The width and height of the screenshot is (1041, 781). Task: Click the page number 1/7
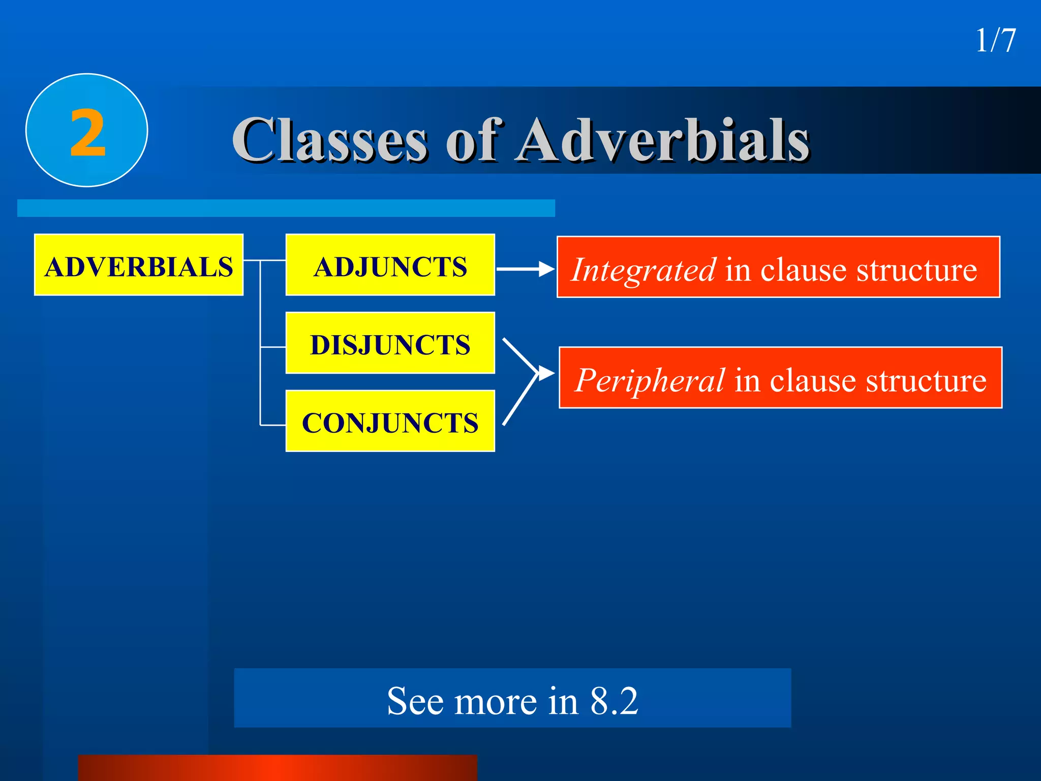(995, 41)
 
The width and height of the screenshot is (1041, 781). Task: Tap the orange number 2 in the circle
(87, 133)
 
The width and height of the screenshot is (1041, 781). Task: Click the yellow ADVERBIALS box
(139, 265)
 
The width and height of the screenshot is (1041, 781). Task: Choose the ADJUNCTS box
(390, 265)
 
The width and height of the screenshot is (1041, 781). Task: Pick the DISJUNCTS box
(390, 343)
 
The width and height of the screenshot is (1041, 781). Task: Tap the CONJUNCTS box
(390, 421)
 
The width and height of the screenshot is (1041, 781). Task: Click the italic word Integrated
(644, 269)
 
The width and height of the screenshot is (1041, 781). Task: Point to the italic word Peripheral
(650, 380)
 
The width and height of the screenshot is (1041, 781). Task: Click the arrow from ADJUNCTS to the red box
(524, 269)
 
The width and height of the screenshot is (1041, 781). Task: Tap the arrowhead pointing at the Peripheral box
(546, 374)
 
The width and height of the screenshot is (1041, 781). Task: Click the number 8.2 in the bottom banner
(614, 701)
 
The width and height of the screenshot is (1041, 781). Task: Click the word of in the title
(475, 140)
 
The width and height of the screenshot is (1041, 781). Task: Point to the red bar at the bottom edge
(278, 768)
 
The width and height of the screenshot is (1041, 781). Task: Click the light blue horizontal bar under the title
(286, 208)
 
